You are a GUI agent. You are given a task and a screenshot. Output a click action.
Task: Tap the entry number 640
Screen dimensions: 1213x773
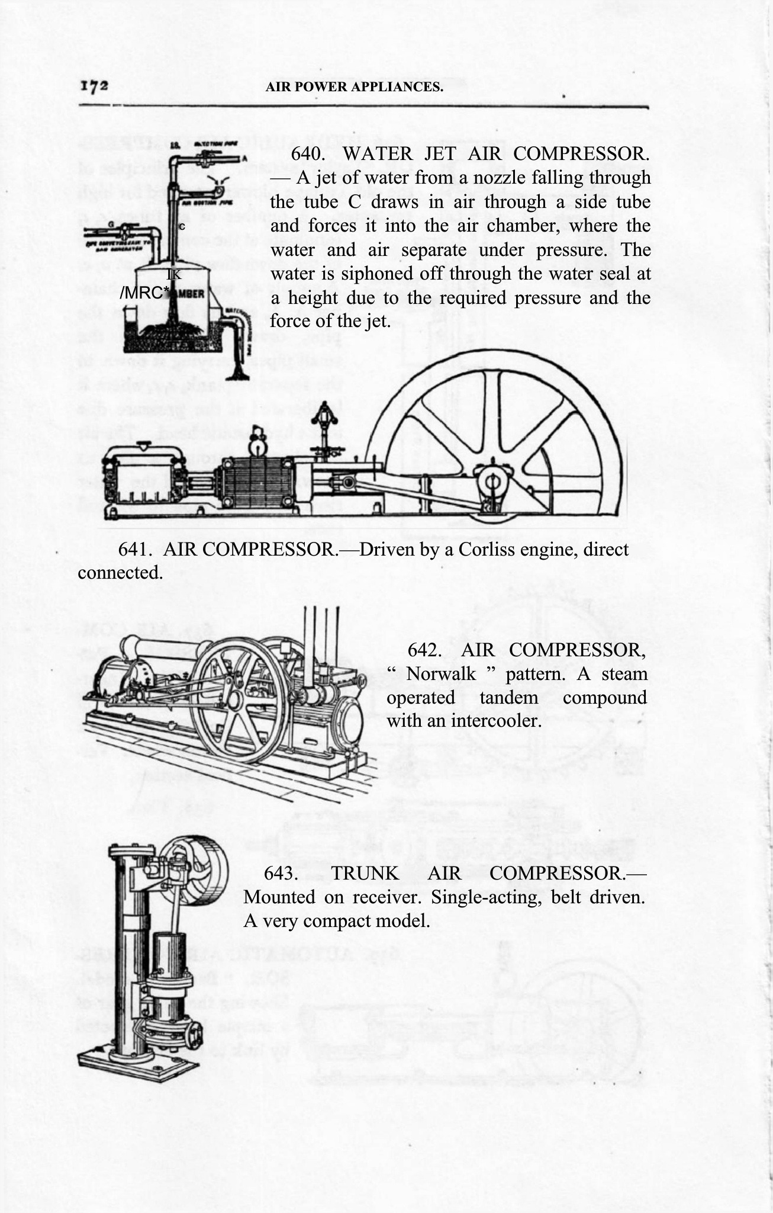click(308, 154)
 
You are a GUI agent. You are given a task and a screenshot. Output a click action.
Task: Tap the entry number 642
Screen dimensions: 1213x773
click(424, 650)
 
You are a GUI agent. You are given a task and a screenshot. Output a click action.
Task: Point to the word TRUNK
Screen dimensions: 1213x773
click(365, 873)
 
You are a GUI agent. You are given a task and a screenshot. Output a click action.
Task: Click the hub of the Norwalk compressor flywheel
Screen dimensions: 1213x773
click(234, 700)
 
